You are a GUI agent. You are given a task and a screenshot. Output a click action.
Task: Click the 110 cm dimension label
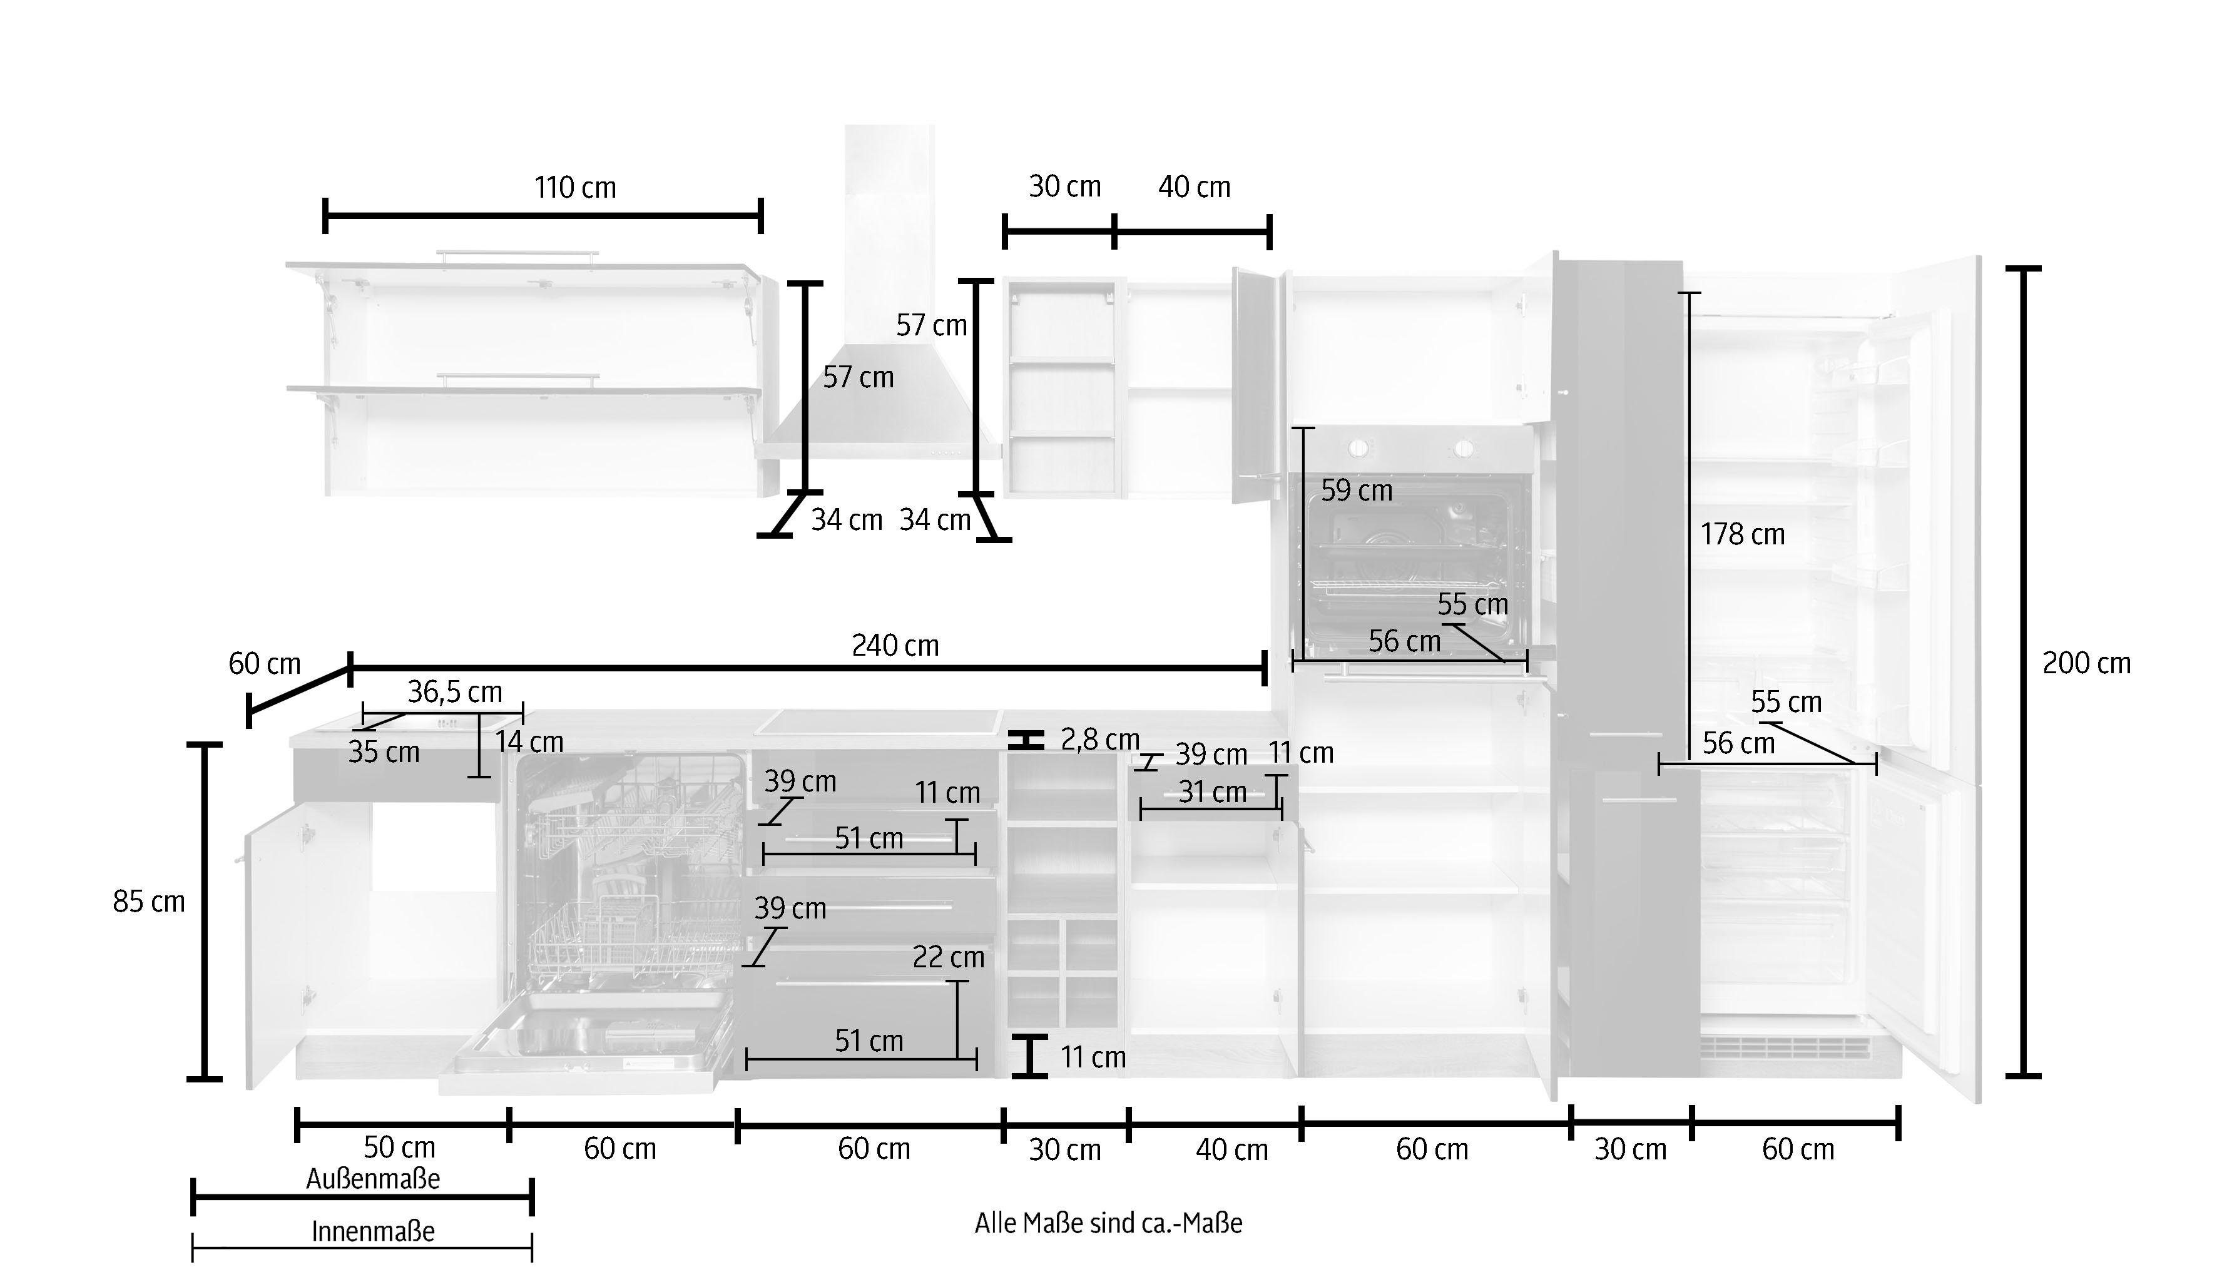574,188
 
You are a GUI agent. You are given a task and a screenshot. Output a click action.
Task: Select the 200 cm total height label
2086,664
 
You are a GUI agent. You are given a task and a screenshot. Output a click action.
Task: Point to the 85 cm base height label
149,902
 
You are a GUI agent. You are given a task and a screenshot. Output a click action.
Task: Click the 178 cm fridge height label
1742,534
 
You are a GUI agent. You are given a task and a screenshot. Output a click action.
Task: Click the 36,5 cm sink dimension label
454,692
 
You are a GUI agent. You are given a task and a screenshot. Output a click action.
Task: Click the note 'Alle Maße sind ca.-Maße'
1108,1223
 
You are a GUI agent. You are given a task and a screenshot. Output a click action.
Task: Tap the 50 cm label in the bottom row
399,1147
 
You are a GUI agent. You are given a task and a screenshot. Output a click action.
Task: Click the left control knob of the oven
1357,448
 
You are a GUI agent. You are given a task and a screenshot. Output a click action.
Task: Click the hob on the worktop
879,721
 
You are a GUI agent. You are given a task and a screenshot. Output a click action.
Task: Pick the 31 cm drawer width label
1211,792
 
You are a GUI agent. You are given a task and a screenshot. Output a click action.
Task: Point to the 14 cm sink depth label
529,742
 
